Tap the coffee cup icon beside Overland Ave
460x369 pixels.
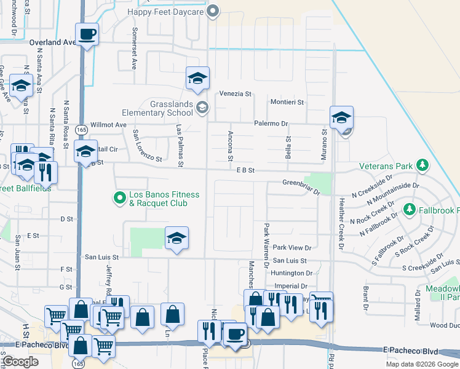click(87, 34)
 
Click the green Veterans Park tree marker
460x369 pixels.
click(422, 165)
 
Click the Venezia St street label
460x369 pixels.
click(236, 94)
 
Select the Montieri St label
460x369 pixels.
click(287, 102)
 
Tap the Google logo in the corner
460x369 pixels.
click(20, 362)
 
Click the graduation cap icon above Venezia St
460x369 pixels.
click(198, 79)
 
